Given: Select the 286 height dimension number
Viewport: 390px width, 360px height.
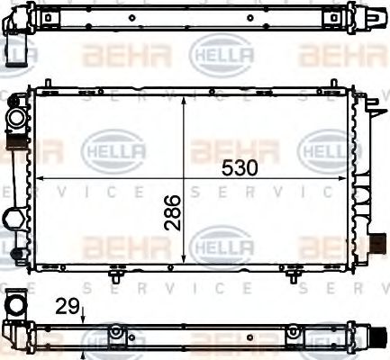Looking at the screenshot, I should coord(174,211).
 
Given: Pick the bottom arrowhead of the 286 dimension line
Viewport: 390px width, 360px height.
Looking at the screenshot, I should coord(184,261).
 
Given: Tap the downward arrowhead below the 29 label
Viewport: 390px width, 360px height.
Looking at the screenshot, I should coord(82,320).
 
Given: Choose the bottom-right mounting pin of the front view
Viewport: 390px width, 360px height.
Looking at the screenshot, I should coord(294,275).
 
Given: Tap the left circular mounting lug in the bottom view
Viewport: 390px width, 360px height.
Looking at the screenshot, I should coord(115,334).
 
